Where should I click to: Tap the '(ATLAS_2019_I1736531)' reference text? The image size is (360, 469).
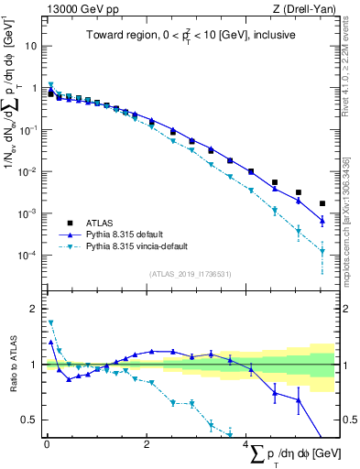190,274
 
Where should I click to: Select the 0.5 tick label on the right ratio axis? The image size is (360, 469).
349,420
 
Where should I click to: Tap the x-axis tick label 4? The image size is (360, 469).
247,446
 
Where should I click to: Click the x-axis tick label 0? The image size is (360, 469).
47,446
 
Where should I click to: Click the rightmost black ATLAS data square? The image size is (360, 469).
322,203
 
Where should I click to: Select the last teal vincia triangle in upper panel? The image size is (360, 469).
322,252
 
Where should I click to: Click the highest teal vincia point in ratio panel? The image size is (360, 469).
51,322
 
